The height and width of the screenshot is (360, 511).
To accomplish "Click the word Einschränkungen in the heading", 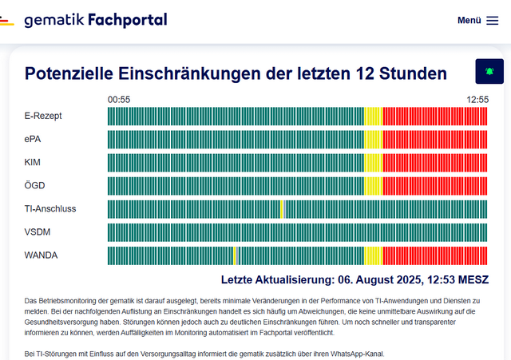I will pyautogui.click(x=208, y=74).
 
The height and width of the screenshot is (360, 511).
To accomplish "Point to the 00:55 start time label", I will pyautogui.click(x=119, y=100).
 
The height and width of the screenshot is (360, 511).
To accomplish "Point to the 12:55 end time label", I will pyautogui.click(x=477, y=100).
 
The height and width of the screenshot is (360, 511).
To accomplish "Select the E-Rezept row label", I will pyautogui.click(x=43, y=116).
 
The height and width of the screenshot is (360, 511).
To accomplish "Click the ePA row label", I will pyautogui.click(x=34, y=139).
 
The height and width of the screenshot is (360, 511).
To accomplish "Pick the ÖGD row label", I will pyautogui.click(x=34, y=185).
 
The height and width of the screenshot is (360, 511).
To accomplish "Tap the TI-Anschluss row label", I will pyautogui.click(x=50, y=209).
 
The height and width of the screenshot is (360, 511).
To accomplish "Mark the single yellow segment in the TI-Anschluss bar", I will pyautogui.click(x=282, y=209).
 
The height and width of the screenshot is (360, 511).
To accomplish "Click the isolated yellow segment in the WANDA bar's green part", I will pyautogui.click(x=234, y=255).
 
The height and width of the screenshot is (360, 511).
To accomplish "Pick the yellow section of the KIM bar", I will pyautogui.click(x=373, y=162).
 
